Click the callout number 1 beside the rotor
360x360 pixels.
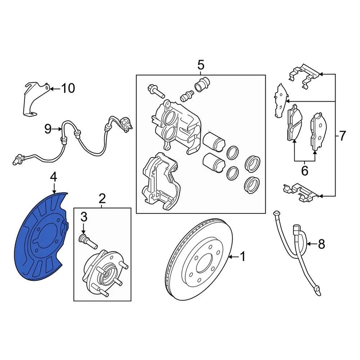pyautogui.click(x=243, y=257)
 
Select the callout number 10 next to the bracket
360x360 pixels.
pyautogui.click(x=68, y=88)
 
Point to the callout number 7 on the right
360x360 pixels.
pyautogui.click(x=342, y=135)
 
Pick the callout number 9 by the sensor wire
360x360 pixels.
pyautogui.click(x=48, y=129)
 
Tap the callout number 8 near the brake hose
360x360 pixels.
pyautogui.click(x=321, y=244)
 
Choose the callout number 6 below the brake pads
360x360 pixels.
pyautogui.click(x=304, y=171)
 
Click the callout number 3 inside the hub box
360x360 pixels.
pyautogui.click(x=84, y=216)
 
